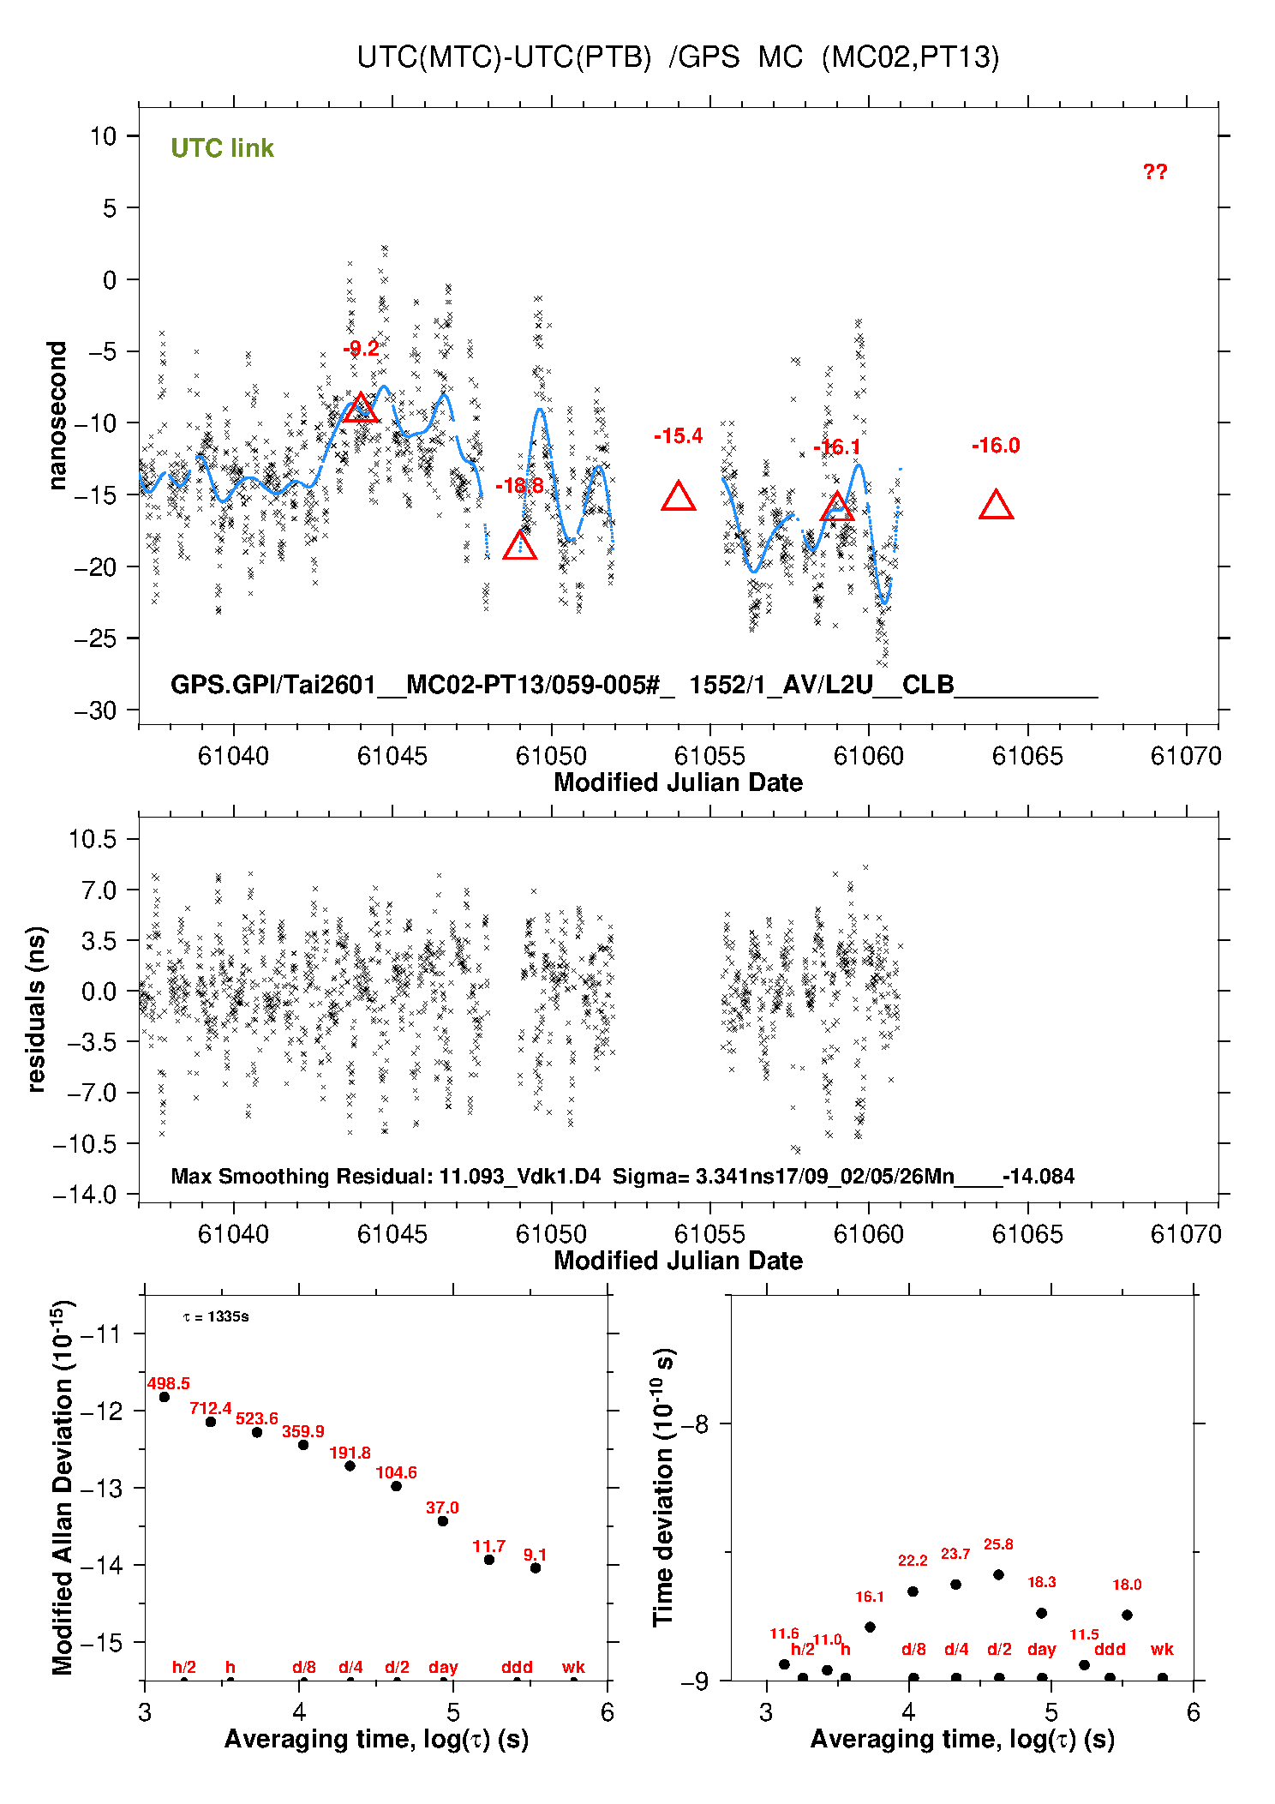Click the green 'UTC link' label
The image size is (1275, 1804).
222,148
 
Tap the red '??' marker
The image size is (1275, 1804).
1154,172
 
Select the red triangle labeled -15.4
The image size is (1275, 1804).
678,497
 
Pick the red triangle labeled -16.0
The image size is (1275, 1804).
996,506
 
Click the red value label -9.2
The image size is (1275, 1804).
361,349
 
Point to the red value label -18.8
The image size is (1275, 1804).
519,486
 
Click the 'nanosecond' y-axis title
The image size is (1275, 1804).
57,416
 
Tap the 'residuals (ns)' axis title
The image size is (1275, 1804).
36,1009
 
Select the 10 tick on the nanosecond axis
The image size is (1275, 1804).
104,136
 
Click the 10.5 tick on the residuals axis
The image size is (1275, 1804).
93,839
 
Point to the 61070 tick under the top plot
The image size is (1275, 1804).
1186,756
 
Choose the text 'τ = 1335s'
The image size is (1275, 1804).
216,1316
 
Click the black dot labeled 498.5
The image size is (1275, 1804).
165,1397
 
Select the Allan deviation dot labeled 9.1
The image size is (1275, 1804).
536,1567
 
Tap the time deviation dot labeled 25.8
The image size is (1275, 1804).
998,1574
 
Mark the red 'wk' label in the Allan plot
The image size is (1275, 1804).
573,1667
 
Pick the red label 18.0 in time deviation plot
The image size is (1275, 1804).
1127,1585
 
